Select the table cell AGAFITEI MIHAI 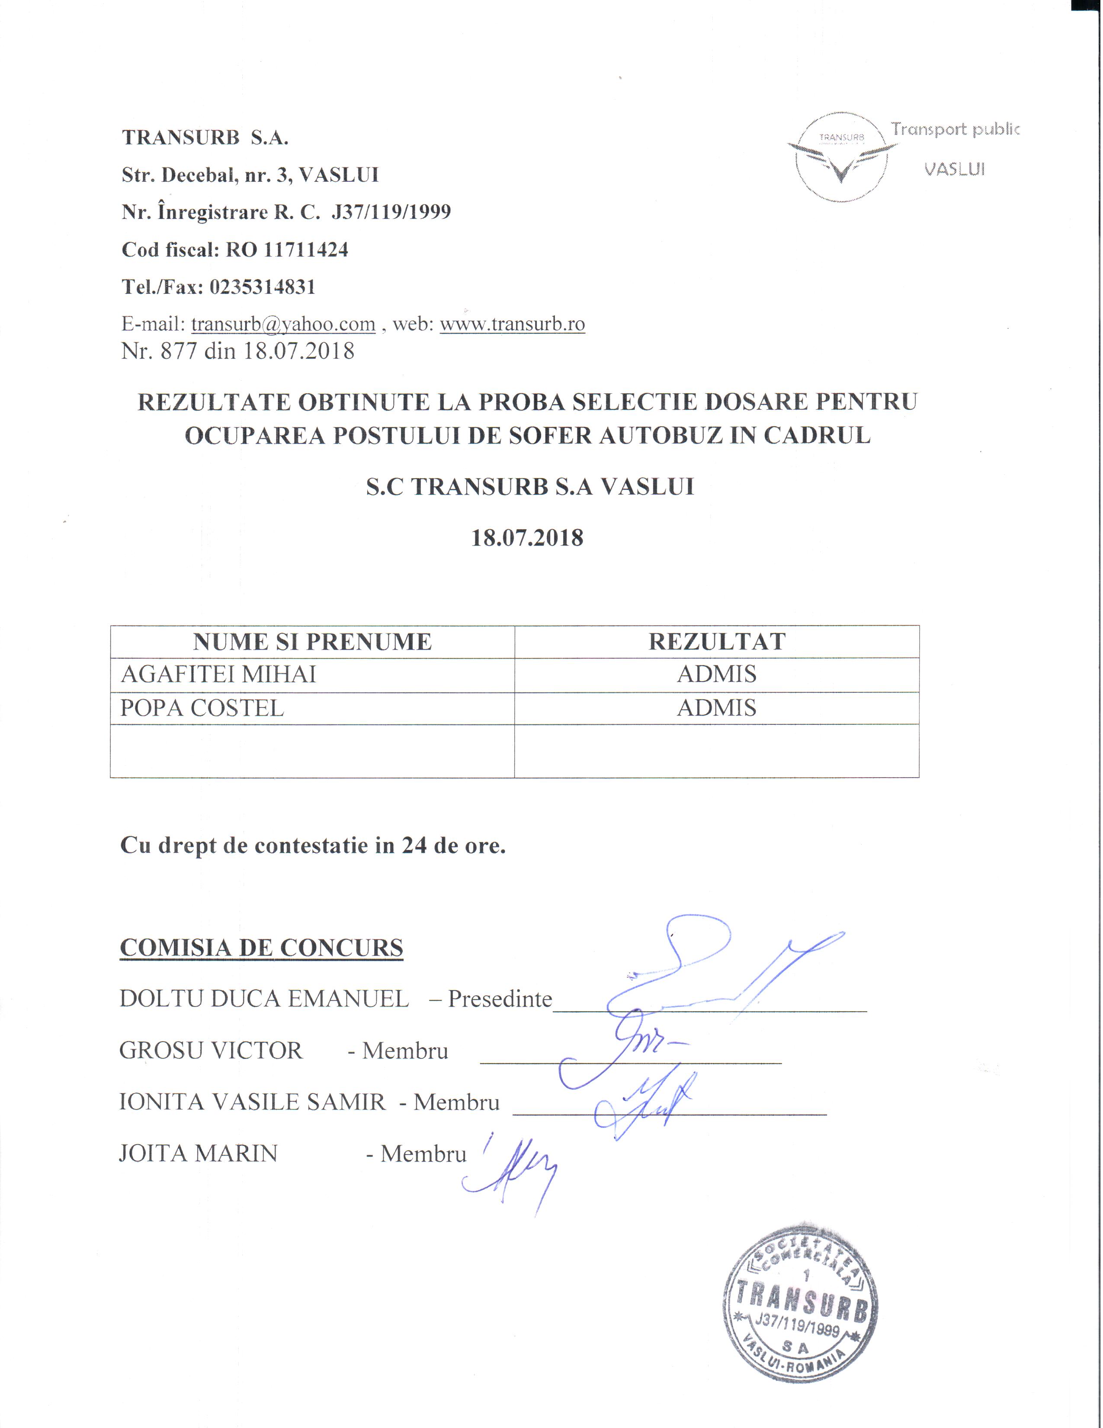point(218,674)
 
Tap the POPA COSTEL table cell point(202,708)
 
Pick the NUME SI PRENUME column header point(312,642)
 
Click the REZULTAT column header point(717,642)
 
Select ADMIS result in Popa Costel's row point(717,708)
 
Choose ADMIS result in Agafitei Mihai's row point(717,674)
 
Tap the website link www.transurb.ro point(512,324)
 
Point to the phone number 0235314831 point(263,287)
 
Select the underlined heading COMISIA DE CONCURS point(261,948)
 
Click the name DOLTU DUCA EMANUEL point(264,999)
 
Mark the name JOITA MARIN point(199,1153)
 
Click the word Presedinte point(500,999)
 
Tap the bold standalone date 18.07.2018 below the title point(527,538)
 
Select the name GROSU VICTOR point(211,1051)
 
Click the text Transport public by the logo point(955,129)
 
